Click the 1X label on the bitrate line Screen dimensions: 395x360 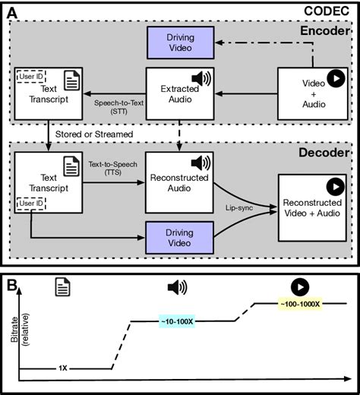click(x=63, y=368)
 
